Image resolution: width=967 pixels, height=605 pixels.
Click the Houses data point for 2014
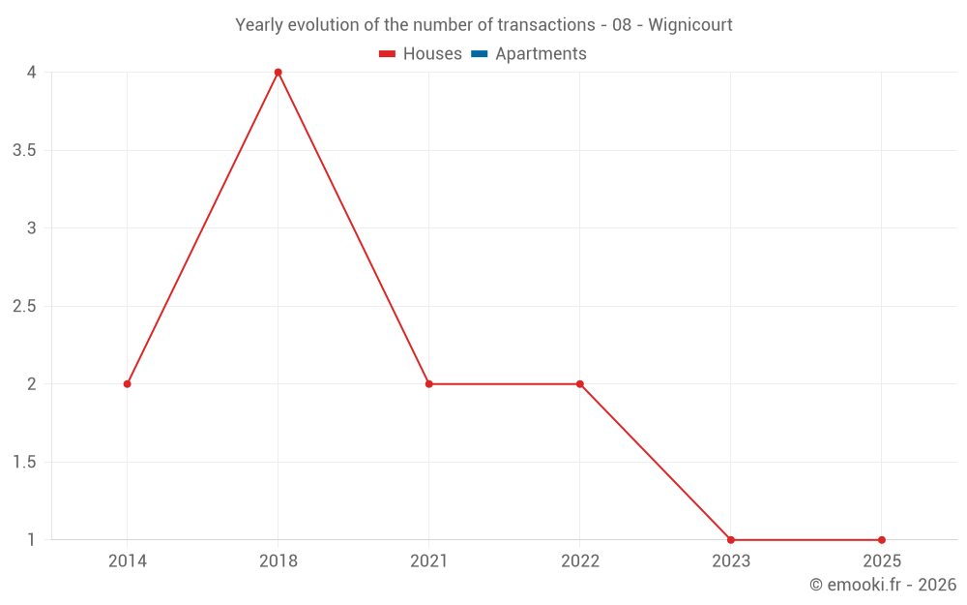coord(128,384)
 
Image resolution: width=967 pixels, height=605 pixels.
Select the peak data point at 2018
coord(278,73)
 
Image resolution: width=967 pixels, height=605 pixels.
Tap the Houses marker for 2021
coord(429,384)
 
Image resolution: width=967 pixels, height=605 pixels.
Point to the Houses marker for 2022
coord(580,384)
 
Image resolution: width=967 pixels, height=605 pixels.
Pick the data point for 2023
coord(731,540)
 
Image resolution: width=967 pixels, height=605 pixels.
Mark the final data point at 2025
coord(882,540)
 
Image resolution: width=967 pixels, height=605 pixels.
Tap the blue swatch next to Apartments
coord(479,54)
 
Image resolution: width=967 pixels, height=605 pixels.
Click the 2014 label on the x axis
coord(128,561)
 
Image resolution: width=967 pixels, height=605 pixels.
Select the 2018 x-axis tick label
coord(278,561)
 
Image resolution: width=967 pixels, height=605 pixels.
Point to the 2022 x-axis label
coord(580,561)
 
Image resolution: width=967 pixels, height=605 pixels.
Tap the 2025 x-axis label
coord(882,561)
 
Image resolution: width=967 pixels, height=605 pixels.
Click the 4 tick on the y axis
coord(31,73)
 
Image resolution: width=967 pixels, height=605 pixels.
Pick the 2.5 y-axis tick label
coord(25,307)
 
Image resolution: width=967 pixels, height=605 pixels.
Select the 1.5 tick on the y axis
coord(25,463)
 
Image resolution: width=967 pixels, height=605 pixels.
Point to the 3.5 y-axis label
coord(25,151)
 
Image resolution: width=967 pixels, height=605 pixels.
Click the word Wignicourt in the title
coord(690,25)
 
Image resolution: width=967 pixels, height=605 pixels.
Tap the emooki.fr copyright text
coord(883,585)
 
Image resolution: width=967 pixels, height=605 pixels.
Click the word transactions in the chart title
coord(545,25)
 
